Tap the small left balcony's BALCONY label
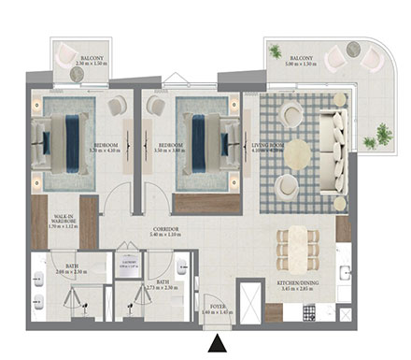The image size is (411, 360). pos(92,58)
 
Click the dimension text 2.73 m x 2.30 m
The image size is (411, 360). pos(163,287)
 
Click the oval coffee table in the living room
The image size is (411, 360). pos(297,150)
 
